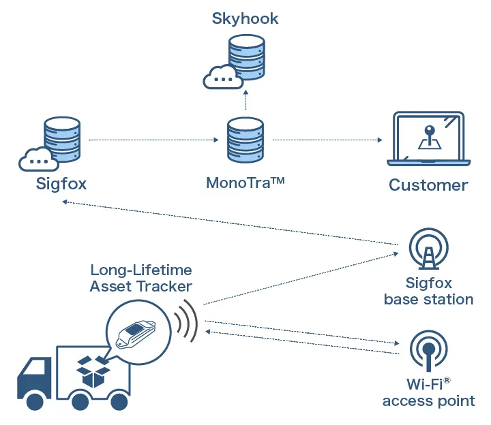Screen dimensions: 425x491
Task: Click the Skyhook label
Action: (x=245, y=18)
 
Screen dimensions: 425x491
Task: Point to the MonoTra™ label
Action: (x=245, y=183)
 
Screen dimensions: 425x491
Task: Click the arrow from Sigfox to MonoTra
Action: (x=153, y=140)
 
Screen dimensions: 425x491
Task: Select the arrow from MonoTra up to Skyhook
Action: (x=245, y=102)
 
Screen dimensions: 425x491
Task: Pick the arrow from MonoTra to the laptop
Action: (x=327, y=140)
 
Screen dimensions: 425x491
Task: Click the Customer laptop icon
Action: (x=429, y=140)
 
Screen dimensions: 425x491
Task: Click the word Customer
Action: (x=428, y=185)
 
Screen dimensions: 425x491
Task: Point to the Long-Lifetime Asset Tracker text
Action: (x=140, y=279)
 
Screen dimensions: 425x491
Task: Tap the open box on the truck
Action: (x=94, y=371)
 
